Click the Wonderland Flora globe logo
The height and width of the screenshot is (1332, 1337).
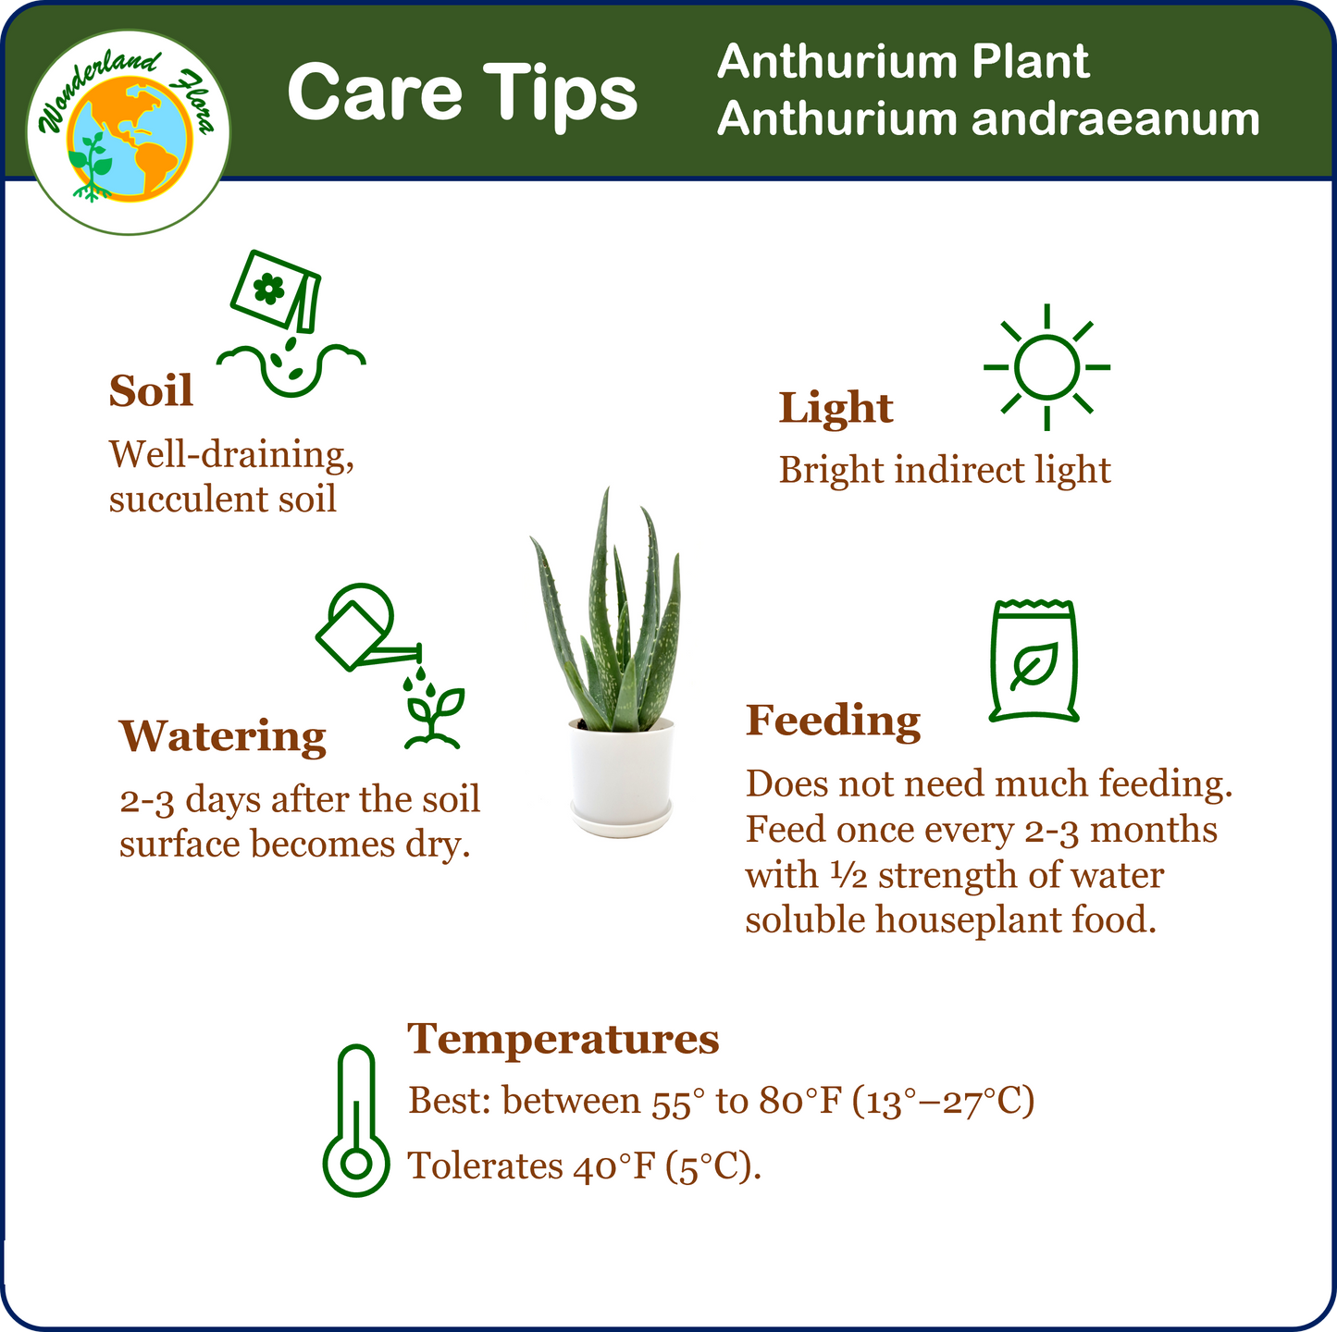(129, 131)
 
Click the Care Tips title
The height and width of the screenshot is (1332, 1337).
(462, 93)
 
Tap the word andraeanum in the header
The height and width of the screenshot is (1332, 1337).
(1115, 118)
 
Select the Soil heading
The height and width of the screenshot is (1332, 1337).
(151, 390)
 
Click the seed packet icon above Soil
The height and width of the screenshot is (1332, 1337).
(276, 291)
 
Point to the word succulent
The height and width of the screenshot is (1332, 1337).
(187, 499)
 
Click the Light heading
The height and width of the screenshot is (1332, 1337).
(836, 407)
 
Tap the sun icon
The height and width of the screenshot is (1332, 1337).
(1046, 367)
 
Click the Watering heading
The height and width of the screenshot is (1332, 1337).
(223, 736)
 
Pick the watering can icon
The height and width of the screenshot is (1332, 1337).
(367, 628)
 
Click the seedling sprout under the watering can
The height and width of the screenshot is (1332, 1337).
(433, 719)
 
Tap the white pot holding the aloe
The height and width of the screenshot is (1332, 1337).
(621, 777)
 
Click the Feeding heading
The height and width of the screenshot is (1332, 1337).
(834, 721)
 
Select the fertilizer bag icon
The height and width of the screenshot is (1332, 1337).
(1034, 660)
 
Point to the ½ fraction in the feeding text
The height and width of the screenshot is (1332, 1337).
(848, 875)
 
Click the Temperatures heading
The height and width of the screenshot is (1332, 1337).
(563, 1039)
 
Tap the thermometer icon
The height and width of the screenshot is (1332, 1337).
(356, 1120)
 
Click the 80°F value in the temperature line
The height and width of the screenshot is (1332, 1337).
(800, 1101)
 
